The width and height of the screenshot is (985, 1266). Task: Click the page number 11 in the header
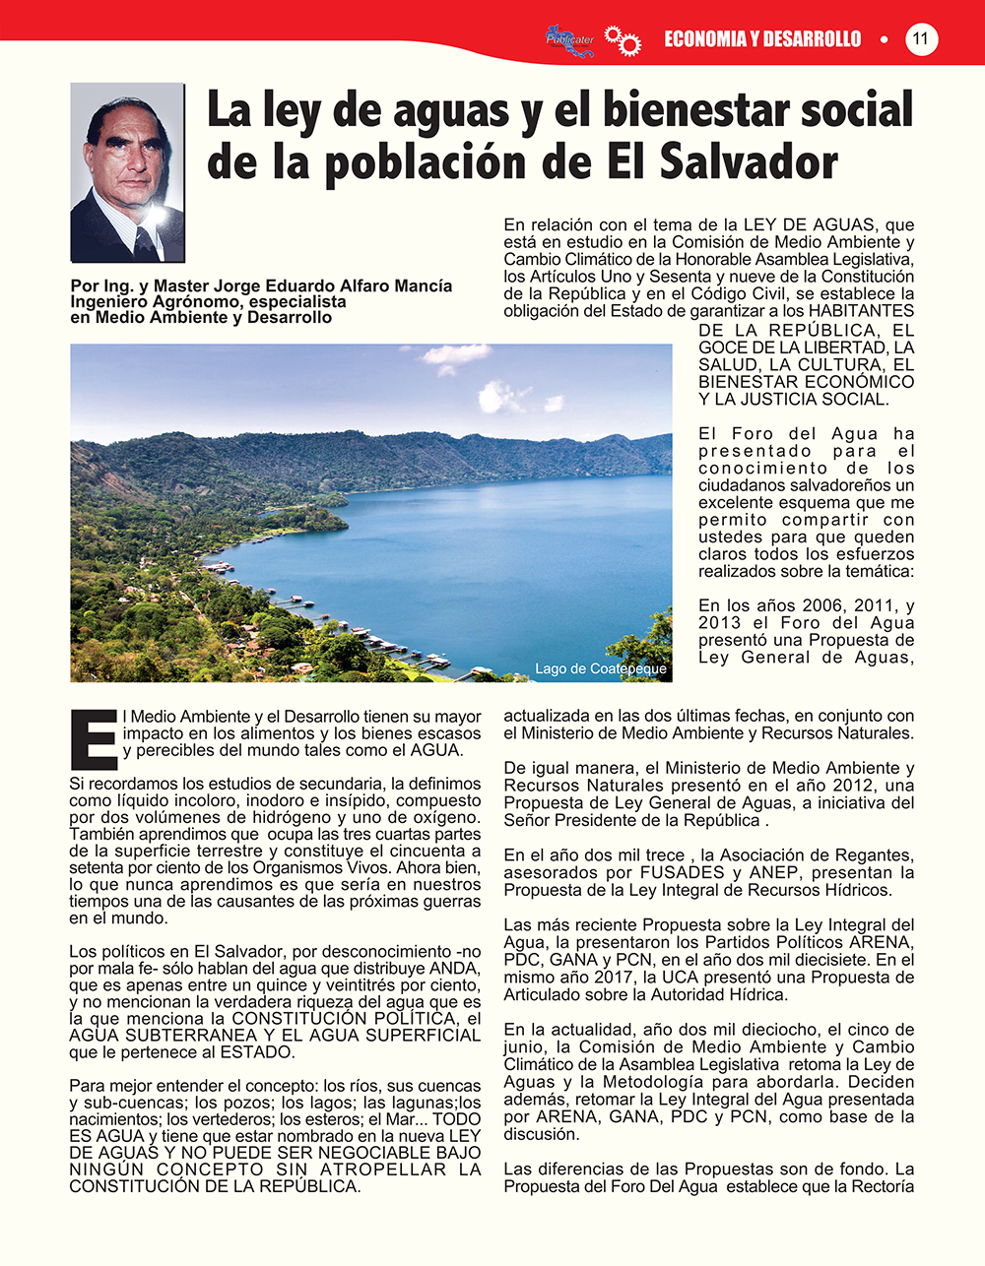tap(921, 39)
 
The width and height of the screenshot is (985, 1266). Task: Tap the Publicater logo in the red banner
tap(570, 39)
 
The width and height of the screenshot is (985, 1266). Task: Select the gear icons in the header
tap(623, 40)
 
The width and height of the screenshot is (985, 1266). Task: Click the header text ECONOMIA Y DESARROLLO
tap(762, 39)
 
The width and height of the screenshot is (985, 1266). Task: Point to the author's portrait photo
tap(128, 172)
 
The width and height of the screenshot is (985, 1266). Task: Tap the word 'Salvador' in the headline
tap(749, 162)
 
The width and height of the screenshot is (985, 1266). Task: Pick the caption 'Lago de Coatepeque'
tap(601, 668)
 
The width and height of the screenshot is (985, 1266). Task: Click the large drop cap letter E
tap(95, 736)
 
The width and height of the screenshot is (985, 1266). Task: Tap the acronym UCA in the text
tap(681, 977)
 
